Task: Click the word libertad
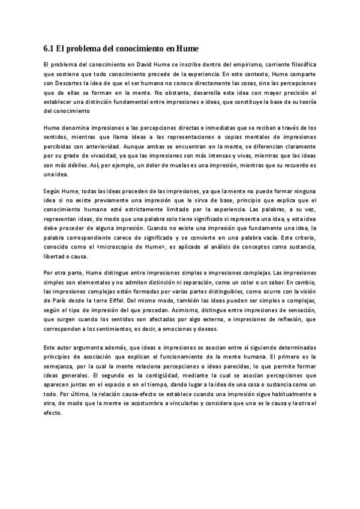(56, 257)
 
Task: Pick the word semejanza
(61, 366)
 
